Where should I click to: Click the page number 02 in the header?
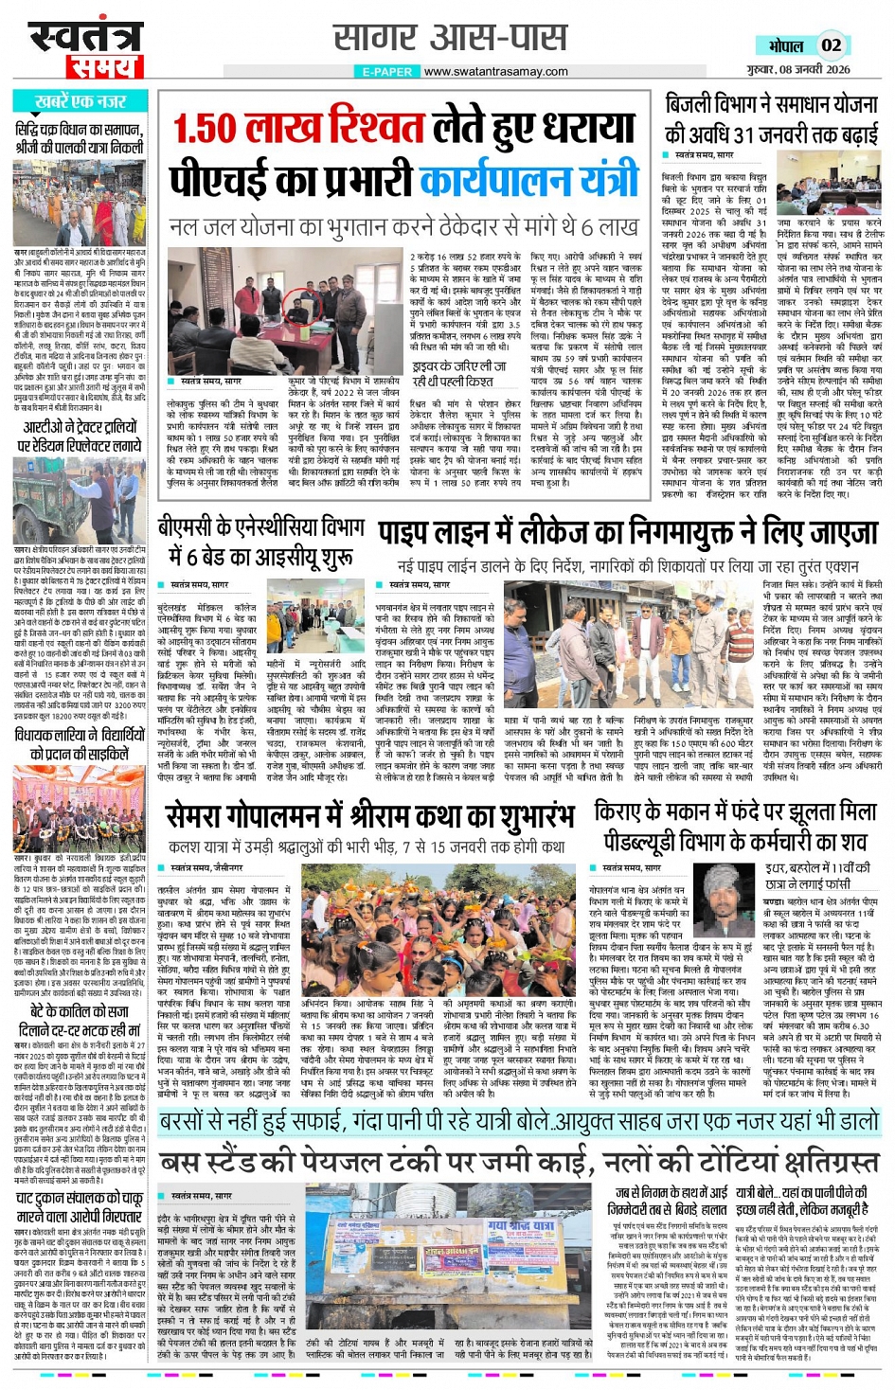point(831,45)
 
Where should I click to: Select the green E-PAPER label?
point(387,71)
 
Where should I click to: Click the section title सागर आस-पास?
point(450,38)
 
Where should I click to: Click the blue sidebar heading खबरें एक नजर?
point(81,101)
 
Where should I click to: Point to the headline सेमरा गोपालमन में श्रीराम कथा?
point(370,815)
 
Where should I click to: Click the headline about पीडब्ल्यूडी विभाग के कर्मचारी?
point(735,826)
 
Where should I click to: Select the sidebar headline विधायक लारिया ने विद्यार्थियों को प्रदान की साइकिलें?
point(81,744)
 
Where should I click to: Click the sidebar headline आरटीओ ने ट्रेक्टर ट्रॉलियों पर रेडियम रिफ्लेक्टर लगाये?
point(81,437)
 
